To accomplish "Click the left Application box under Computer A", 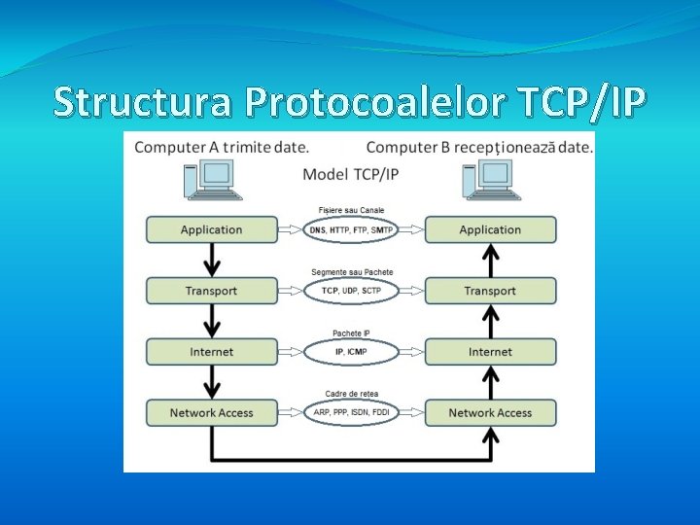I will coord(211,230).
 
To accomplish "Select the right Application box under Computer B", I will coord(490,230).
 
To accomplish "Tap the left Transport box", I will coord(211,291).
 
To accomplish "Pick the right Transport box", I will coord(490,291).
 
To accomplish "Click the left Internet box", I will coord(211,352).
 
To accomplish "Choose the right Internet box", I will coord(490,352).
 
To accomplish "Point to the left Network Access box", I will coord(211,413).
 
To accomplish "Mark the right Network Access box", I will coord(490,413).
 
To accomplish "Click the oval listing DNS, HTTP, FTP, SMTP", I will coord(351,230).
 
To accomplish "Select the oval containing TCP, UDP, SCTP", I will coord(351,291).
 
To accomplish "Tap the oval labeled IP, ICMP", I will coord(351,352).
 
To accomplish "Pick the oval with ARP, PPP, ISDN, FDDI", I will coord(351,413).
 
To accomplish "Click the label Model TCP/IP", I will coord(351,175).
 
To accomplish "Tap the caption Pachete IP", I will coord(351,333).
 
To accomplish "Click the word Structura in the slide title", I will coord(142,101).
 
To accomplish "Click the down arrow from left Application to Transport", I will coord(211,261).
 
